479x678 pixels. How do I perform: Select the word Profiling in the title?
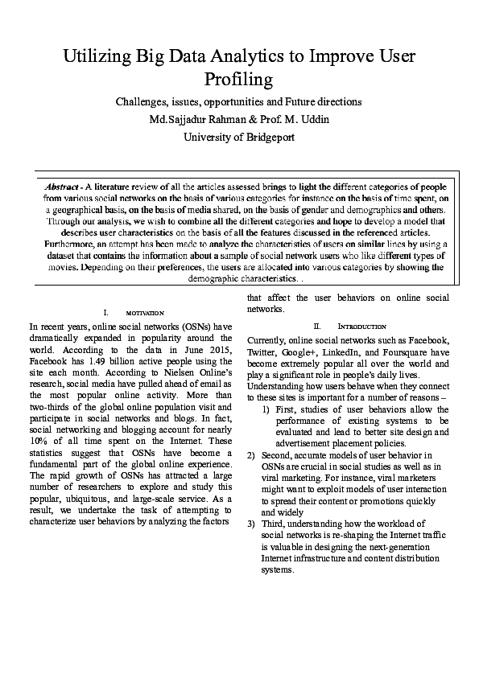click(x=239, y=80)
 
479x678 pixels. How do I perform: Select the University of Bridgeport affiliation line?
click(x=239, y=137)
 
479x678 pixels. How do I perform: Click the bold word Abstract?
click(x=63, y=185)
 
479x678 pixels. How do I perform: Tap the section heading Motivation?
click(x=145, y=312)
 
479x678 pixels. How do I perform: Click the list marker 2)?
click(x=251, y=455)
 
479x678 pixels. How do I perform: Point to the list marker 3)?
click(x=251, y=524)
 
